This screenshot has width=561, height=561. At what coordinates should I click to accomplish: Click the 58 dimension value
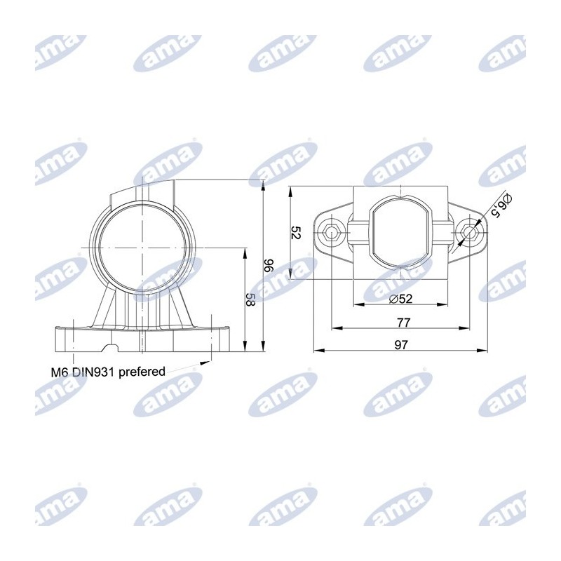pos(251,299)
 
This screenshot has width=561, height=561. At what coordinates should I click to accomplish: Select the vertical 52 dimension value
pos(297,233)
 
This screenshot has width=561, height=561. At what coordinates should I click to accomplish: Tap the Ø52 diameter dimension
pos(400,298)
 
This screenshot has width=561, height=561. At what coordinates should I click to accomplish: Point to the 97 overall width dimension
pos(401,345)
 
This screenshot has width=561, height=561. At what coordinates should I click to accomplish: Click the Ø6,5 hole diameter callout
pos(501,205)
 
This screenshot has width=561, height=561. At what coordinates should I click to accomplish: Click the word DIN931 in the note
pos(93,372)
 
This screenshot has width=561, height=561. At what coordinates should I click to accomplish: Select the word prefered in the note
pos(142,372)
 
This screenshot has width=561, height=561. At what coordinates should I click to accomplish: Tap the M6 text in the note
pos(60,372)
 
